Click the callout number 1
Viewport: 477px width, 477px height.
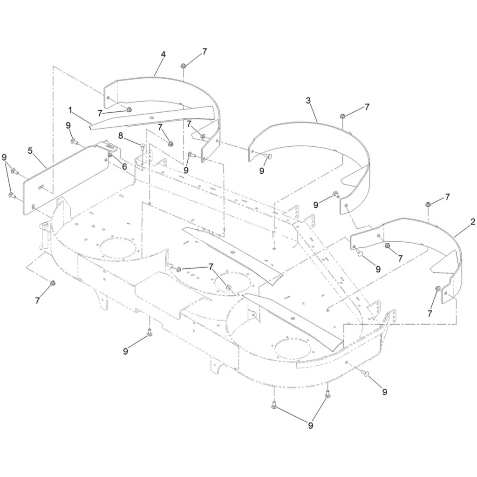[x=70, y=110]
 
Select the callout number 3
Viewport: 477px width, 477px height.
[x=308, y=100]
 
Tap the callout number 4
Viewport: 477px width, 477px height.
[x=163, y=55]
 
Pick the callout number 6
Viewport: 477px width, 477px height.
[x=124, y=166]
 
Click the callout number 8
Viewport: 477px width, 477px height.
[x=121, y=136]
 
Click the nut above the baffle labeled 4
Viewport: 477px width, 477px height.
[x=183, y=66]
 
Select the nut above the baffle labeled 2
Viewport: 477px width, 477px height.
[x=428, y=205]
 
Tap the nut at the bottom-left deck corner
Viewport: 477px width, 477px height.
[x=52, y=283]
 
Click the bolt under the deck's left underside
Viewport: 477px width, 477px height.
[x=149, y=332]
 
